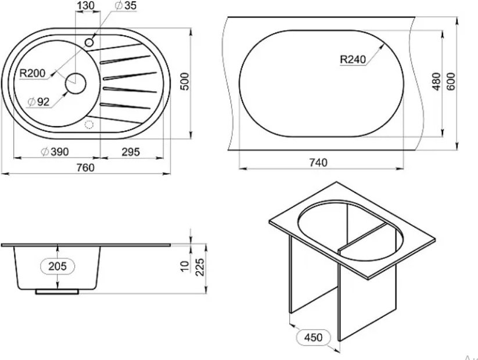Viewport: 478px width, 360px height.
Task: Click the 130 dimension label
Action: pyautogui.click(x=85, y=5)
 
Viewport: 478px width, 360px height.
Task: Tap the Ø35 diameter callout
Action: pyautogui.click(x=126, y=5)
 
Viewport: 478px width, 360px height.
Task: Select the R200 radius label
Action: pyautogui.click(x=33, y=73)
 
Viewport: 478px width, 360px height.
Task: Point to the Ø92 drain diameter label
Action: pyautogui.click(x=38, y=102)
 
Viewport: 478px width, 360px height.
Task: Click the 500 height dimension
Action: pyautogui.click(x=185, y=81)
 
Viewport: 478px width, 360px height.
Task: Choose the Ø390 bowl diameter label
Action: pyautogui.click(x=55, y=152)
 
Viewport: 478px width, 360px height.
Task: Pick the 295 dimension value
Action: pyautogui.click(x=131, y=152)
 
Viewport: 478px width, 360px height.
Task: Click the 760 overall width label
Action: pyautogui.click(x=85, y=167)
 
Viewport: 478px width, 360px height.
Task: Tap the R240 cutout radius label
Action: pyautogui.click(x=353, y=59)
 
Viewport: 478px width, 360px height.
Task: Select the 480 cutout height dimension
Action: pyautogui.click(x=437, y=82)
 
